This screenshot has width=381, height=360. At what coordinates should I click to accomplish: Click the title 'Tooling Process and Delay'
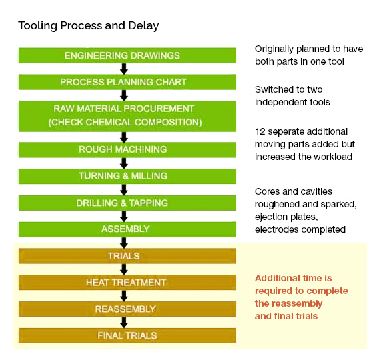(x=89, y=26)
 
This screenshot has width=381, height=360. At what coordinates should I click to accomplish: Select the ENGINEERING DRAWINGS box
(x=128, y=55)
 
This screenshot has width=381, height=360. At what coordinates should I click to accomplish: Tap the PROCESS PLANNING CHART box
(x=128, y=82)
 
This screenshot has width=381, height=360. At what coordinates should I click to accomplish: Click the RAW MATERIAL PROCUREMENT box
(x=128, y=116)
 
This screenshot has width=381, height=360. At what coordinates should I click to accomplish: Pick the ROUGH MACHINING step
(x=128, y=149)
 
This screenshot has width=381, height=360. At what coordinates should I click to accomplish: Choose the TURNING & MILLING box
(x=128, y=176)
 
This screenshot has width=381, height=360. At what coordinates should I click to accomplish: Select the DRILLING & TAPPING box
(x=128, y=203)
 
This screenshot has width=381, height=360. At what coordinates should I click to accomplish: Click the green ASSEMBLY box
(x=128, y=229)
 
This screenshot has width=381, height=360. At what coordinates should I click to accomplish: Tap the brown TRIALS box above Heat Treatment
(x=128, y=256)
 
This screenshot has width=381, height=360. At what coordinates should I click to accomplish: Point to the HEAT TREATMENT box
(x=128, y=283)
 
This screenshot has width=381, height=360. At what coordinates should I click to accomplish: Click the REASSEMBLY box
(x=128, y=309)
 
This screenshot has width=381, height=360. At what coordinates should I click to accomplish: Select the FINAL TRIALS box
(x=128, y=335)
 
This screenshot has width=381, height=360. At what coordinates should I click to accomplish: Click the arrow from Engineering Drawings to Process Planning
(x=124, y=69)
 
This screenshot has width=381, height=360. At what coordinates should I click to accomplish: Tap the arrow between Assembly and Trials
(x=124, y=243)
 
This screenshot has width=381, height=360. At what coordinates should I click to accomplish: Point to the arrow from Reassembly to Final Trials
(x=124, y=322)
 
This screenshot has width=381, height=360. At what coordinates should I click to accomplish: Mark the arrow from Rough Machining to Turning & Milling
(x=124, y=163)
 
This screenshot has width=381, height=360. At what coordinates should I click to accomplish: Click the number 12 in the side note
(x=260, y=131)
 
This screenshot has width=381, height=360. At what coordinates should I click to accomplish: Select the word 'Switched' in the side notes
(x=272, y=89)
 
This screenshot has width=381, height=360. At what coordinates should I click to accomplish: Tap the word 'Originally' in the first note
(x=274, y=49)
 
